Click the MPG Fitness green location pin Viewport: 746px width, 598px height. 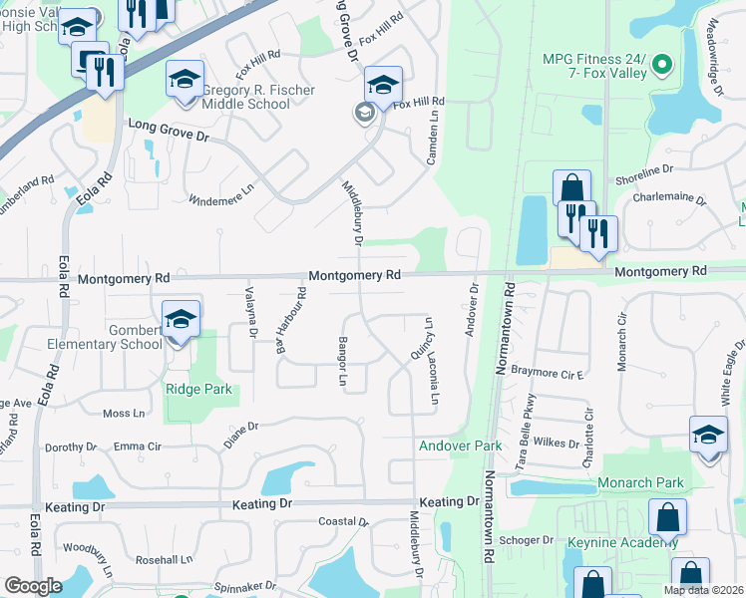click(x=660, y=67)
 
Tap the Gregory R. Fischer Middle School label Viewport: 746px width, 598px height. click(x=259, y=97)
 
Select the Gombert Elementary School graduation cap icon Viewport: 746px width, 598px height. click(x=181, y=319)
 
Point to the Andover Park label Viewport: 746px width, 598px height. click(x=460, y=445)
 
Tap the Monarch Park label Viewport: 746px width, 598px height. click(x=640, y=483)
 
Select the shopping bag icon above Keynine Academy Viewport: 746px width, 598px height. click(x=667, y=516)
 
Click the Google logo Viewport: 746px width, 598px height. click(x=33, y=585)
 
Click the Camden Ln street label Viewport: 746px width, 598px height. click(x=434, y=147)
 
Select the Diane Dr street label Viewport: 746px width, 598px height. click(x=241, y=434)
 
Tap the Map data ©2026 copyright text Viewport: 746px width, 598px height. click(x=703, y=590)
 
